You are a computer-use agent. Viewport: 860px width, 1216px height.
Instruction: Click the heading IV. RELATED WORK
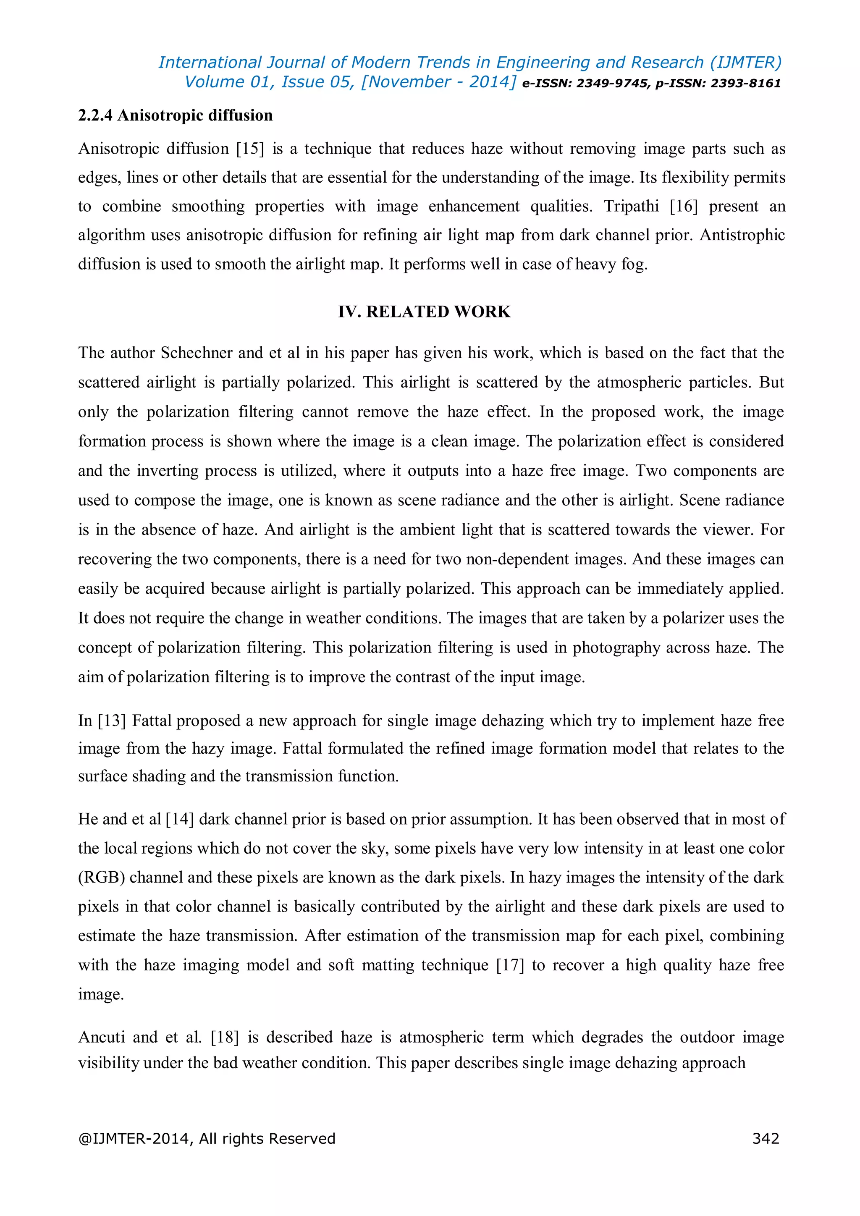[x=424, y=312]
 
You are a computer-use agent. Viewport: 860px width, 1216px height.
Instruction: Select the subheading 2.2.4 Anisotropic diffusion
[x=175, y=115]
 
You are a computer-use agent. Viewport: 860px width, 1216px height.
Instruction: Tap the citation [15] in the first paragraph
[x=250, y=149]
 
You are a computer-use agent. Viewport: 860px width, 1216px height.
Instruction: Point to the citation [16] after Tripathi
[x=684, y=206]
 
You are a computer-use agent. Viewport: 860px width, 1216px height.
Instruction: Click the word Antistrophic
[x=742, y=235]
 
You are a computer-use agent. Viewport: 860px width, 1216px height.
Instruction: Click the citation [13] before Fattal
[x=112, y=721]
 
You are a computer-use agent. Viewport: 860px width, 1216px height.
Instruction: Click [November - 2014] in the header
[x=438, y=82]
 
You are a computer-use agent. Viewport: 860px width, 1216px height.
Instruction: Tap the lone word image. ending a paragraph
[x=101, y=994]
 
